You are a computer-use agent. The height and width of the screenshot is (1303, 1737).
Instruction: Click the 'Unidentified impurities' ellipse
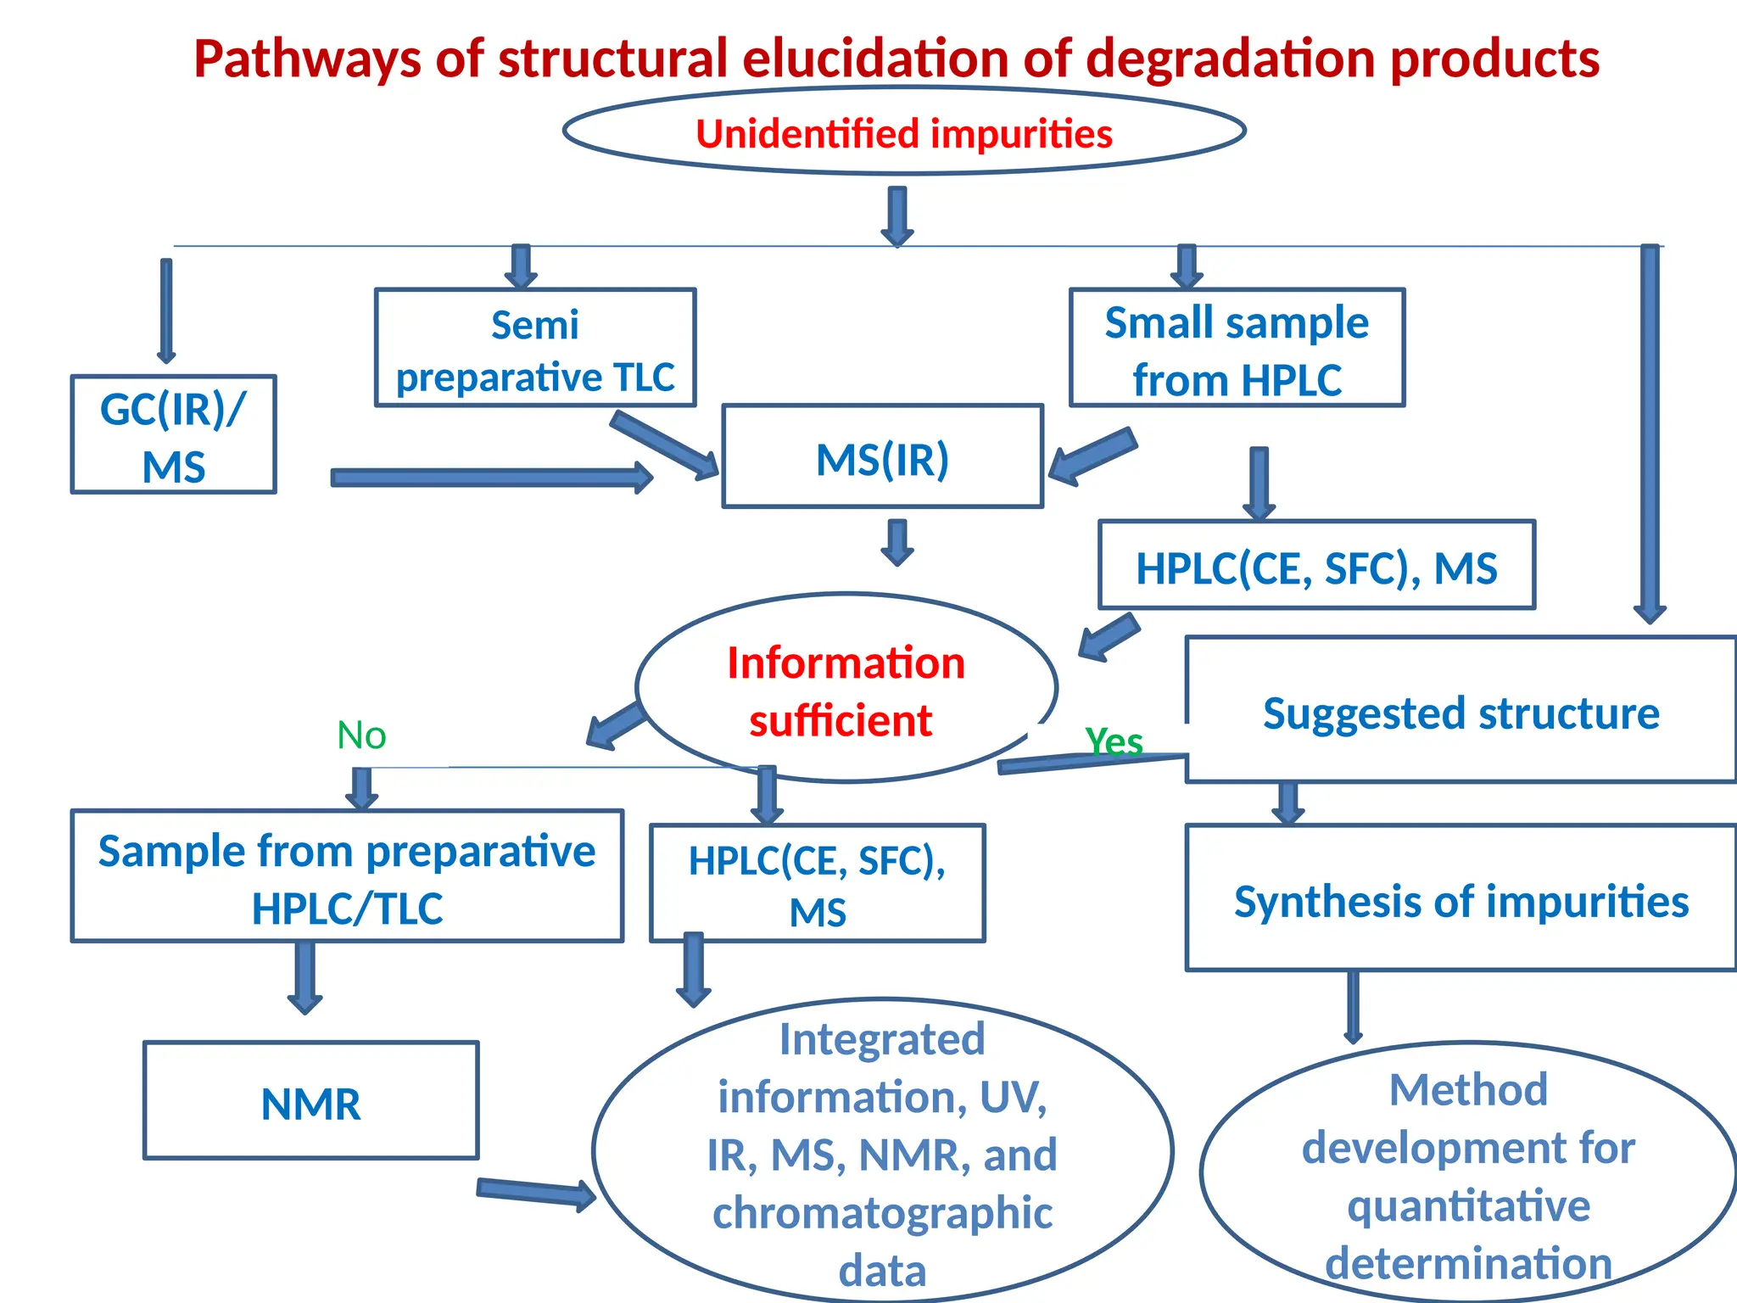point(903,132)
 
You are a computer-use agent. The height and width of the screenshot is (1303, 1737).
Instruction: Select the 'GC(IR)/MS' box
point(173,434)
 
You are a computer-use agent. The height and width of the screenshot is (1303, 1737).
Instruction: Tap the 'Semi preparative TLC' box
point(535,348)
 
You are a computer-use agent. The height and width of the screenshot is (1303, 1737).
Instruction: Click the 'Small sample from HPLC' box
point(1237,348)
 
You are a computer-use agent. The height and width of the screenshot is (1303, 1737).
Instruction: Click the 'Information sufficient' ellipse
point(846,689)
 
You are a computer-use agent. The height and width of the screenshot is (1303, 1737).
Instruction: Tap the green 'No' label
point(361,735)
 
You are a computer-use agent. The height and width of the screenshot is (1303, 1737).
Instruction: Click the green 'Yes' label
point(1114,741)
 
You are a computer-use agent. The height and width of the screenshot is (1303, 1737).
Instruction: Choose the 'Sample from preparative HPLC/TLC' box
point(347,876)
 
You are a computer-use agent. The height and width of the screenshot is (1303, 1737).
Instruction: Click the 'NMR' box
point(310,1101)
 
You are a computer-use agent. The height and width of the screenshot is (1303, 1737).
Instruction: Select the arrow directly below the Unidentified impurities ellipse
point(897,216)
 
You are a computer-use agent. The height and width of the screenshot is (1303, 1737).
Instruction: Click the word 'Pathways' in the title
point(307,59)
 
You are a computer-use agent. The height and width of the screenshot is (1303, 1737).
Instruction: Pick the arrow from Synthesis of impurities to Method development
point(1353,1007)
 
